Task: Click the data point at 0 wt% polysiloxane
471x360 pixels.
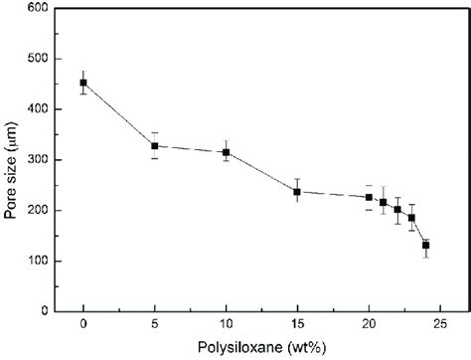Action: point(83,83)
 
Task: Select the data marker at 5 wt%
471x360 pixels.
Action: point(155,146)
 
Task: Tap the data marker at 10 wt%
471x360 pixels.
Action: point(227,152)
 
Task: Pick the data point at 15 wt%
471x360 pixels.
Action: point(297,192)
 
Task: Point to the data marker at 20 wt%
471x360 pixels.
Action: point(369,197)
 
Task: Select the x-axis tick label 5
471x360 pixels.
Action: point(155,324)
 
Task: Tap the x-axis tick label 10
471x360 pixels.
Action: point(227,324)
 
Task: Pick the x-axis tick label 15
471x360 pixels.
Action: point(297,324)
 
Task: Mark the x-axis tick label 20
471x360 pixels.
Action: point(369,324)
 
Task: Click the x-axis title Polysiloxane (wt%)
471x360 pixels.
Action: point(261,347)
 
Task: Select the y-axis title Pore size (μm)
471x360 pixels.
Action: point(12,159)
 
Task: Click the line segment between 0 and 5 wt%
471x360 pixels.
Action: point(119,114)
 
